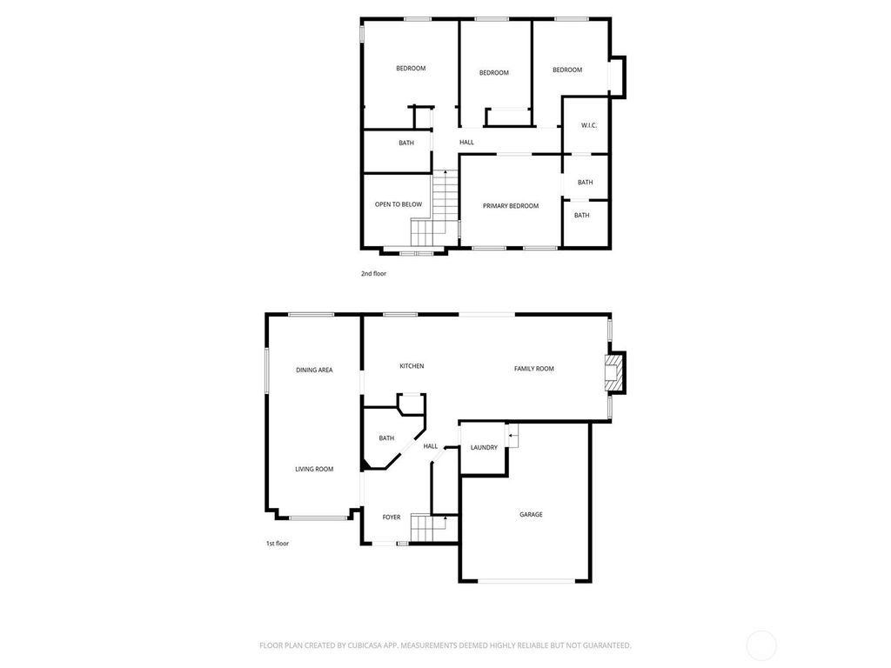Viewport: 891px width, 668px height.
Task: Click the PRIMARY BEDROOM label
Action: point(510,205)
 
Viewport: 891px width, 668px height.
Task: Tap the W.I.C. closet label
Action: point(589,125)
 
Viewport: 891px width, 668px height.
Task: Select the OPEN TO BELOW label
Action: point(399,204)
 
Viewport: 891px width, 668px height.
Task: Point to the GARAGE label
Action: point(531,514)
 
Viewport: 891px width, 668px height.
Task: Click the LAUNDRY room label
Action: point(484,447)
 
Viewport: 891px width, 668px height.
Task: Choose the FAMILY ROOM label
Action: point(533,368)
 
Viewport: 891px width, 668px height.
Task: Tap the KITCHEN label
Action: point(412,366)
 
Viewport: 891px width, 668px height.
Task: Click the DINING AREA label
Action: point(314,370)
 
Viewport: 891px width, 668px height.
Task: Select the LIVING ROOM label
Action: point(314,469)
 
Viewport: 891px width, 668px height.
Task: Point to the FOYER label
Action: point(391,517)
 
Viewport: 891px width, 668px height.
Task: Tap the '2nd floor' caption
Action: point(373,273)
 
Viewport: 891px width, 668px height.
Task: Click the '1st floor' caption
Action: point(278,543)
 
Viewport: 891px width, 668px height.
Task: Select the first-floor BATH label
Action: point(386,438)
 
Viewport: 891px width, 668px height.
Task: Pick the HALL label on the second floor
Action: point(466,142)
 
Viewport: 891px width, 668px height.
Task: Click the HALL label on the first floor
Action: point(430,446)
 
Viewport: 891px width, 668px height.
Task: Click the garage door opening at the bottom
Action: point(526,581)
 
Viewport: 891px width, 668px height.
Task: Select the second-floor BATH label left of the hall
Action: point(406,143)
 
